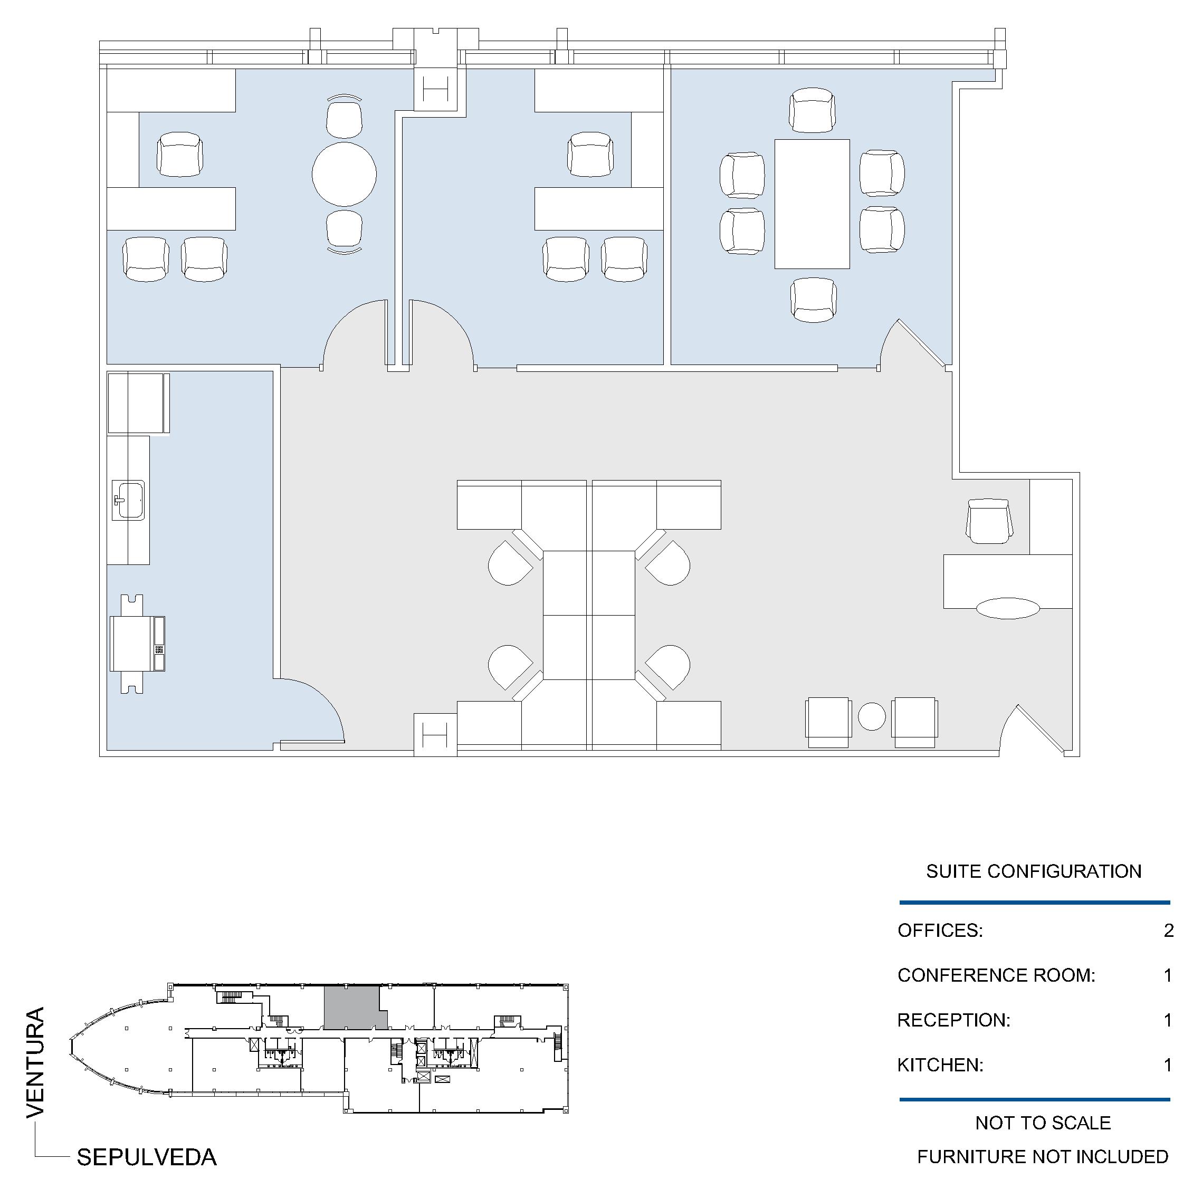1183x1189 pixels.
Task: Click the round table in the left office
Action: coord(344,175)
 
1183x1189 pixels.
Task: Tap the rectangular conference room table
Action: coord(812,204)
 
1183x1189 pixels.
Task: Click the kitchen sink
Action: coord(129,500)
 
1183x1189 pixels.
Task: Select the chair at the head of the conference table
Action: coord(812,110)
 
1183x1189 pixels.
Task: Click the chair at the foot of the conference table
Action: coord(813,300)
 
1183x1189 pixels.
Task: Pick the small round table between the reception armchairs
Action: coord(872,716)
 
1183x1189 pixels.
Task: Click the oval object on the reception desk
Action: coord(1008,608)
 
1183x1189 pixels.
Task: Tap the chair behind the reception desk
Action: coord(989,521)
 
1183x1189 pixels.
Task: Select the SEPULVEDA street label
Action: coord(147,1157)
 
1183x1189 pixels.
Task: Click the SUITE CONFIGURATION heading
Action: coord(1034,871)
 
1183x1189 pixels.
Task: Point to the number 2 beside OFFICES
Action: coord(1168,930)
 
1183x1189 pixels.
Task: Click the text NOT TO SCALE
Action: coord(1043,1123)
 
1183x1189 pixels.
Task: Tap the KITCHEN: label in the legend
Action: coord(940,1065)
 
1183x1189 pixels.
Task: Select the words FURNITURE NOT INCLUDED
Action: coord(1043,1156)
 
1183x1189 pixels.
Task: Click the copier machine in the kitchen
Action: coord(137,644)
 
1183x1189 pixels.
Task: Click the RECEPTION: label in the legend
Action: coord(953,1020)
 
